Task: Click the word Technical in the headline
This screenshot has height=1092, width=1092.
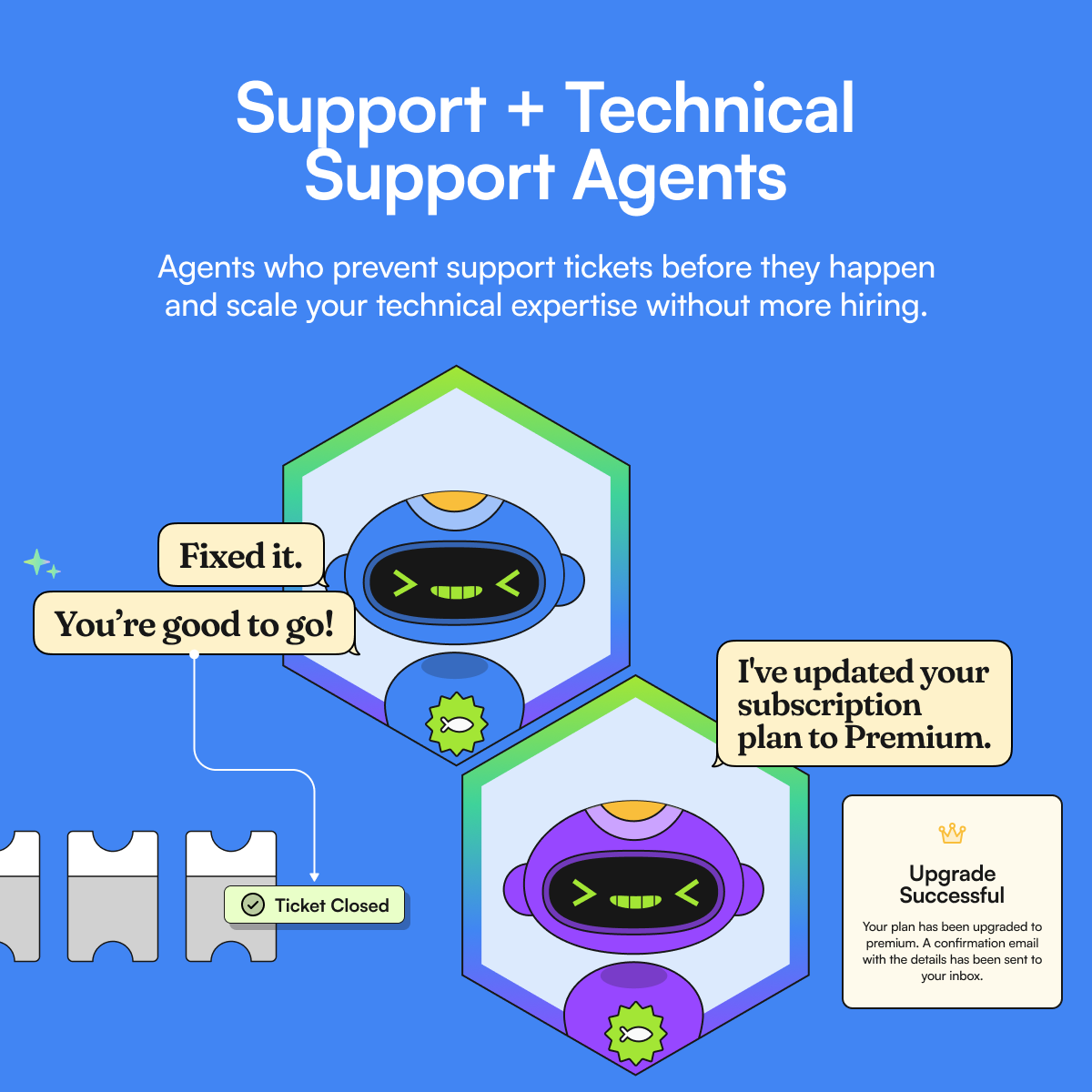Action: [710, 109]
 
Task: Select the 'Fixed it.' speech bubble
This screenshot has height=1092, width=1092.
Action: [241, 555]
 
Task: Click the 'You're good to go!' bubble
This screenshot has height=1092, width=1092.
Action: [194, 624]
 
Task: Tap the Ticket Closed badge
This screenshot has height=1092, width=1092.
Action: [315, 905]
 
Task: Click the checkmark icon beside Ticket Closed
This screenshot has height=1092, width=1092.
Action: [252, 905]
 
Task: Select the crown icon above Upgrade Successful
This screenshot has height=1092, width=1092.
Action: [952, 833]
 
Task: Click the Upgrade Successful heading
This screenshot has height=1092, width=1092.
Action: [952, 885]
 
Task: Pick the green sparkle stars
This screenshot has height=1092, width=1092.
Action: [40, 564]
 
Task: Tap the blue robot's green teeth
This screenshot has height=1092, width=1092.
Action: [456, 592]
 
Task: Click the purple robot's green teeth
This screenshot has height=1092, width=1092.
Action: [635, 901]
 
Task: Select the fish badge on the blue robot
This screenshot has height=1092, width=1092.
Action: [457, 724]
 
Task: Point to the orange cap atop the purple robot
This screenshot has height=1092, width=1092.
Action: [635, 810]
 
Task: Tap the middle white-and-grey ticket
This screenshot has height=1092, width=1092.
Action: [113, 896]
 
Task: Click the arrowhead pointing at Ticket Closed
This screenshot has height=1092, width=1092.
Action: [315, 876]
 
